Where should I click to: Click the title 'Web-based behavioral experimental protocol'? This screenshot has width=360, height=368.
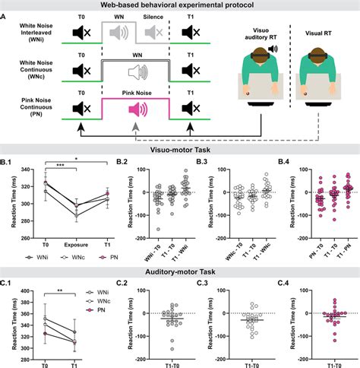pyautogui.click(x=180, y=5)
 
